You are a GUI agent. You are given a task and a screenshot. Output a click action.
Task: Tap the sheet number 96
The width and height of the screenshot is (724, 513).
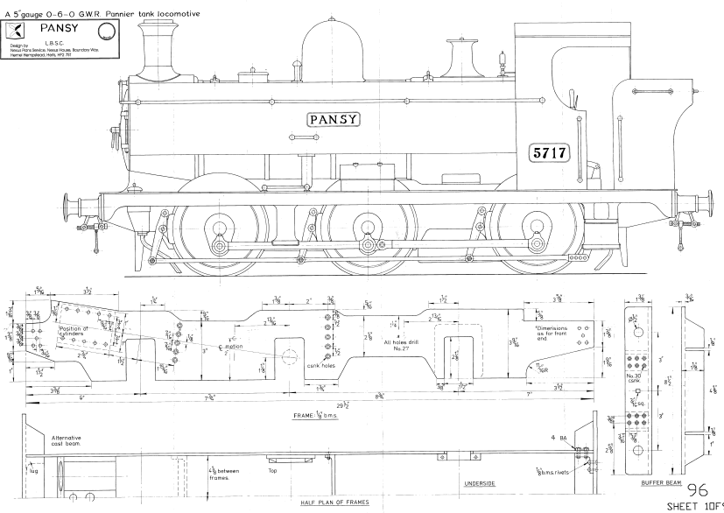pyautogui.click(x=699, y=490)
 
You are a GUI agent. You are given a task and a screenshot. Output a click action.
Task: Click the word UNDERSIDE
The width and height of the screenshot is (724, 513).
pyautogui.click(x=480, y=483)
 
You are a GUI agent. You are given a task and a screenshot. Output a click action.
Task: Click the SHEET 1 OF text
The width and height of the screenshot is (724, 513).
pyautogui.click(x=695, y=506)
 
